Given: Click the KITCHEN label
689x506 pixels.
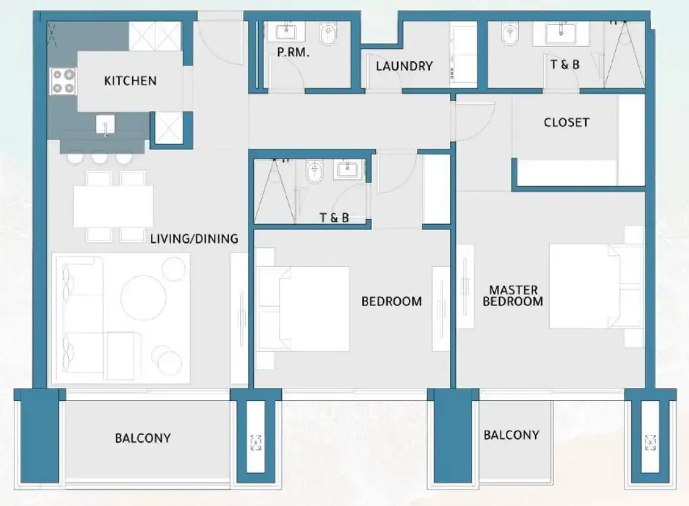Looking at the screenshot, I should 130,81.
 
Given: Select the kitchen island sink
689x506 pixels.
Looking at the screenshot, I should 106,126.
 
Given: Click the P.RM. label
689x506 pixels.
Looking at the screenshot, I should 293,53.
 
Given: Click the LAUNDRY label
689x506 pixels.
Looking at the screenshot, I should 404,66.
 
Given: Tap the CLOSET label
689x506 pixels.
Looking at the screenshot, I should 566,122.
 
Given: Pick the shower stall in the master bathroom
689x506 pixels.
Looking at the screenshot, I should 623,54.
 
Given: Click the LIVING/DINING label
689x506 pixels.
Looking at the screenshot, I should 194,238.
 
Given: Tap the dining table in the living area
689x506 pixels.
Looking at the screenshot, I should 113,206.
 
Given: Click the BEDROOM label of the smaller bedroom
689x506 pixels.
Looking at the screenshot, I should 391,301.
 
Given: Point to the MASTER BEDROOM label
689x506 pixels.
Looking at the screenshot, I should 513,295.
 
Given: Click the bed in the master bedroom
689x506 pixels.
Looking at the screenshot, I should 588,285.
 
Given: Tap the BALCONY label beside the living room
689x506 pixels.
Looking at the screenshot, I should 143,438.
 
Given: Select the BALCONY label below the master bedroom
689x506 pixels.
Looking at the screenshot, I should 511,435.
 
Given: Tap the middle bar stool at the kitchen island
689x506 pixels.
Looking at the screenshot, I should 99,159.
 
